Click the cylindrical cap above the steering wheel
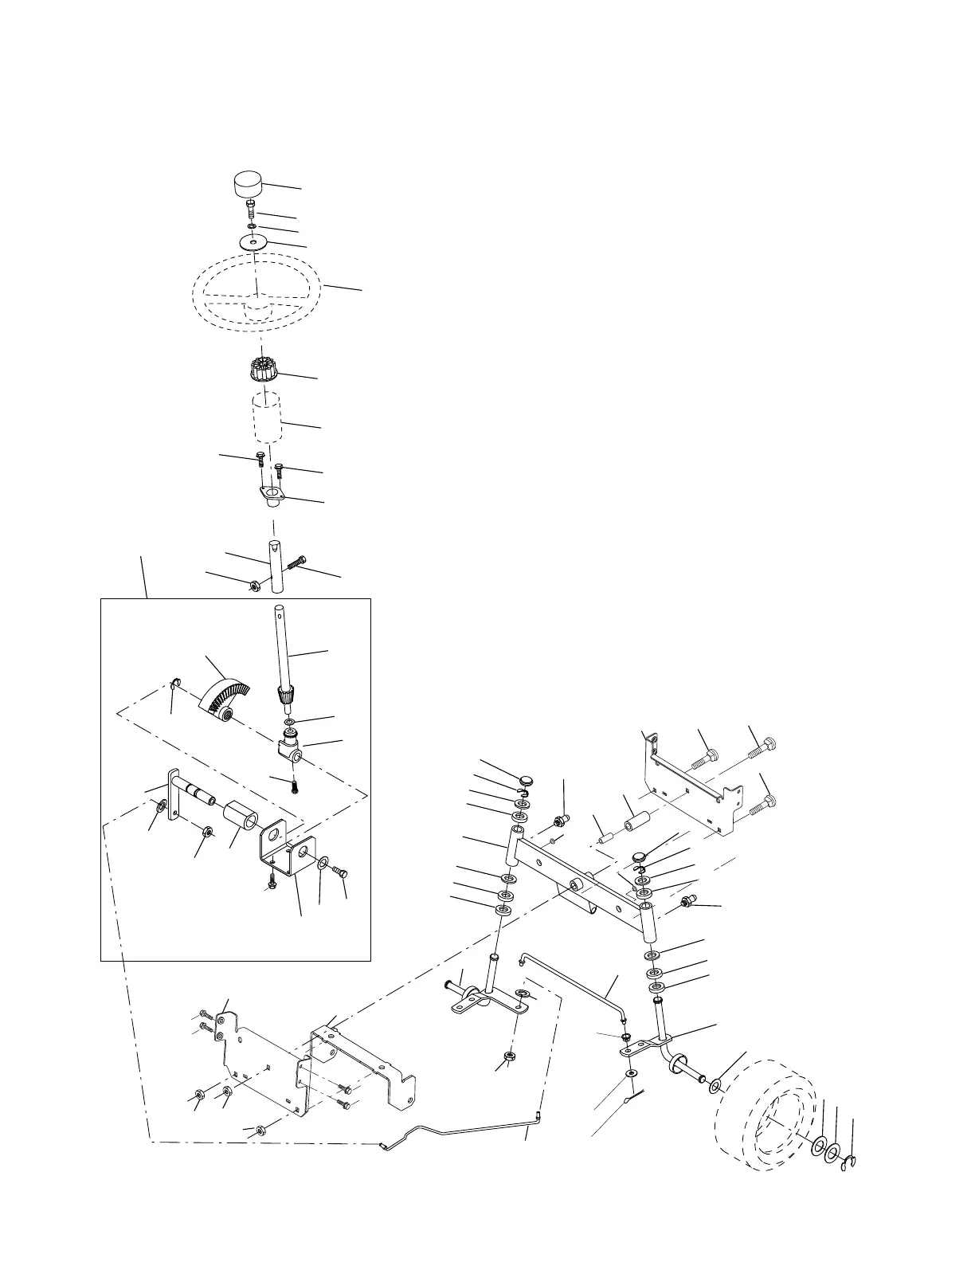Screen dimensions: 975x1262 pos(249,189)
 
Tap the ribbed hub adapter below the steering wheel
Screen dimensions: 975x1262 pos(263,370)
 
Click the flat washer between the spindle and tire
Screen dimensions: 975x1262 pos(715,1086)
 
